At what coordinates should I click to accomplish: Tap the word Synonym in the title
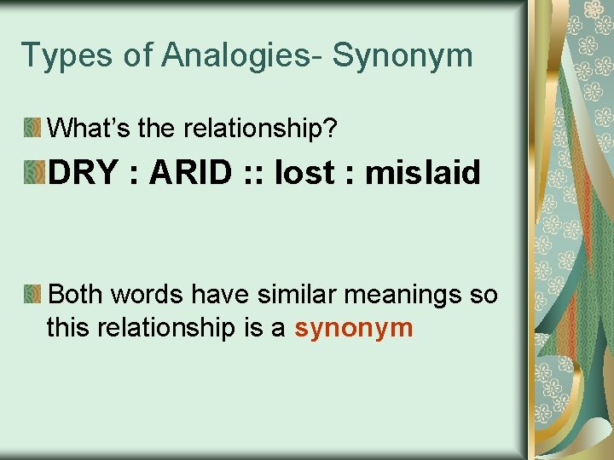pos(403,55)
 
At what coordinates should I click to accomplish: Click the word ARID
pos(189,173)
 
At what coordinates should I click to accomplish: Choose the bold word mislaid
pos(423,173)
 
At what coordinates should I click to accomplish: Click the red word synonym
pos(354,327)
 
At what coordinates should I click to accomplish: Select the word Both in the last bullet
pos(75,296)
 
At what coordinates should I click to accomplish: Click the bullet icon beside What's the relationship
pos(32,129)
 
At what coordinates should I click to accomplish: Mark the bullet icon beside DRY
pos(33,173)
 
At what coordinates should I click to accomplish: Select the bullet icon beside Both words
pos(32,296)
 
